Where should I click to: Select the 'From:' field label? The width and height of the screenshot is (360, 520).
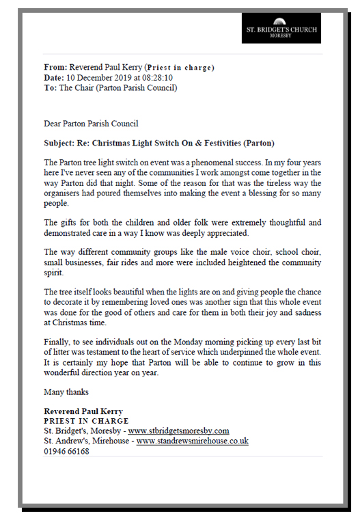pyautogui.click(x=55, y=68)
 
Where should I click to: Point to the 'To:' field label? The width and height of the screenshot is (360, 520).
pyautogui.click(x=51, y=87)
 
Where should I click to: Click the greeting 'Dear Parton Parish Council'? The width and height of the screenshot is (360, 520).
pyautogui.click(x=91, y=124)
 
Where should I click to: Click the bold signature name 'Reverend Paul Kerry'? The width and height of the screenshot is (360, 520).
pyautogui.click(x=83, y=411)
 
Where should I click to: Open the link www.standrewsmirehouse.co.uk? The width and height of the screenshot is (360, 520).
pyautogui.click(x=192, y=441)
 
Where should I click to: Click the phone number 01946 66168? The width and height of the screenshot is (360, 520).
pyautogui.click(x=66, y=451)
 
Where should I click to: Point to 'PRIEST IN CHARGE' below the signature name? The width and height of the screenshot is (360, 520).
pyautogui.click(x=86, y=421)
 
